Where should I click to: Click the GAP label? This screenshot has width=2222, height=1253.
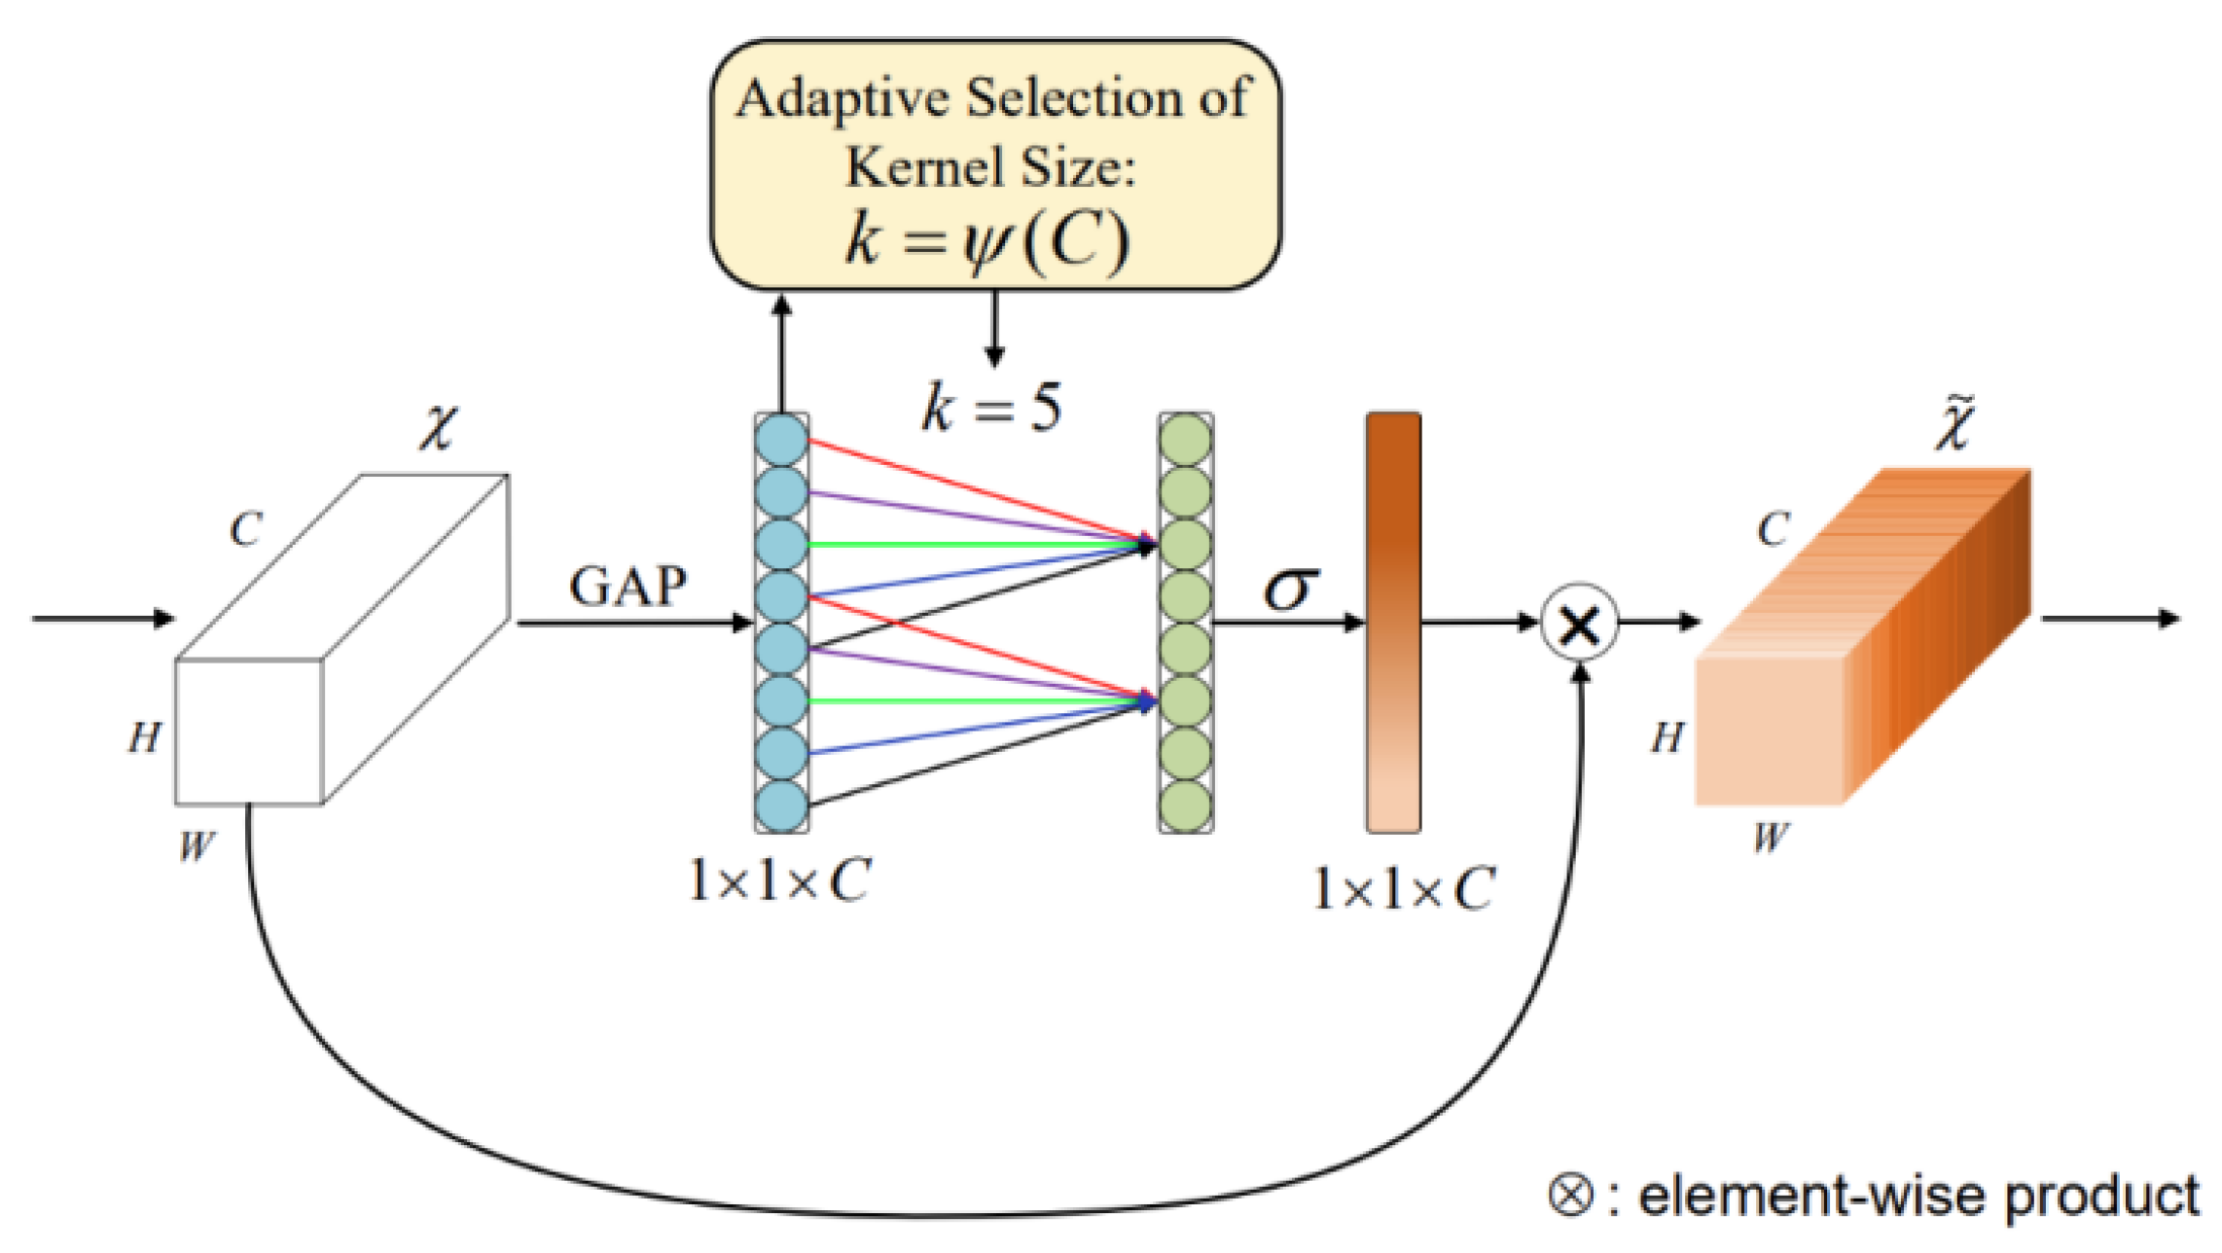(x=627, y=586)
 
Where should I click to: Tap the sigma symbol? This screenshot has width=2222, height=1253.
(x=1291, y=588)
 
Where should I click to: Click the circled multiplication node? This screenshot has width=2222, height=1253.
(x=1580, y=624)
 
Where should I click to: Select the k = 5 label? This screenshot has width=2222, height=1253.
(x=991, y=408)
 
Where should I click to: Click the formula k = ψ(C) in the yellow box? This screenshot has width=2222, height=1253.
(x=987, y=239)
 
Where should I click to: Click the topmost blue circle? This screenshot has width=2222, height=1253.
(x=781, y=440)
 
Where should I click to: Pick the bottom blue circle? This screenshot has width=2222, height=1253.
(x=781, y=805)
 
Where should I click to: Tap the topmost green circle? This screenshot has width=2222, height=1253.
(x=1186, y=440)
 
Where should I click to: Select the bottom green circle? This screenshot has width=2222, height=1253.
(x=1186, y=805)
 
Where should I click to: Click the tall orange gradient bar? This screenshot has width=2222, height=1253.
(x=1393, y=623)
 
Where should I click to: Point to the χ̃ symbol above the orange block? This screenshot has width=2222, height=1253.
(x=1953, y=425)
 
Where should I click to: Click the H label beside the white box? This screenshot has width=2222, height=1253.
(x=145, y=737)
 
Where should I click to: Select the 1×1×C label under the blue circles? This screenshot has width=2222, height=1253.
(x=779, y=881)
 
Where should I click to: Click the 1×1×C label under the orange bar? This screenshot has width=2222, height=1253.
(x=1403, y=889)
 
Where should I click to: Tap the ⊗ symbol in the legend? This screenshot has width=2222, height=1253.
(x=1570, y=1195)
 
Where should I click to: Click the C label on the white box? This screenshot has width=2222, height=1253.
(x=245, y=530)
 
